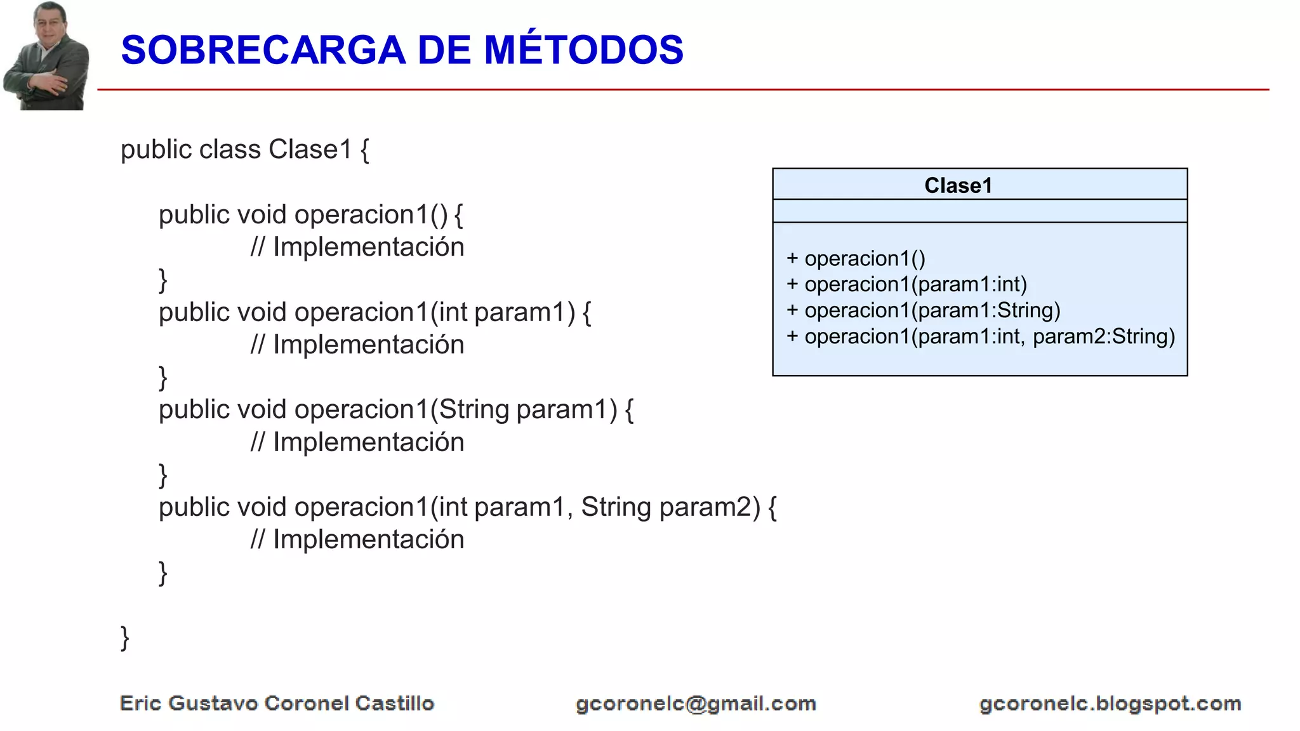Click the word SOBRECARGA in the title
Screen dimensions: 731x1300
tap(263, 50)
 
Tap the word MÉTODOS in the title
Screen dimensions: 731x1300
tap(583, 50)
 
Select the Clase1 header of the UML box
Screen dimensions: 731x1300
tap(957, 185)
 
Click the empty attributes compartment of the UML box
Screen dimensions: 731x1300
tap(979, 211)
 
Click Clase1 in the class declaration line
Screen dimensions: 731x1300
tap(310, 150)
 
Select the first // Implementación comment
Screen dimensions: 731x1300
tap(357, 247)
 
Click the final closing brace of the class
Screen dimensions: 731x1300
tap(125, 638)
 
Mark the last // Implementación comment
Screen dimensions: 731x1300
tap(357, 539)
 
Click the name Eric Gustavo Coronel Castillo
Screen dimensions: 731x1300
tap(277, 703)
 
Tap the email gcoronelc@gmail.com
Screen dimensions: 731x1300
tap(696, 704)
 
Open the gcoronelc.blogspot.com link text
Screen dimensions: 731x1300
tap(1110, 704)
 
